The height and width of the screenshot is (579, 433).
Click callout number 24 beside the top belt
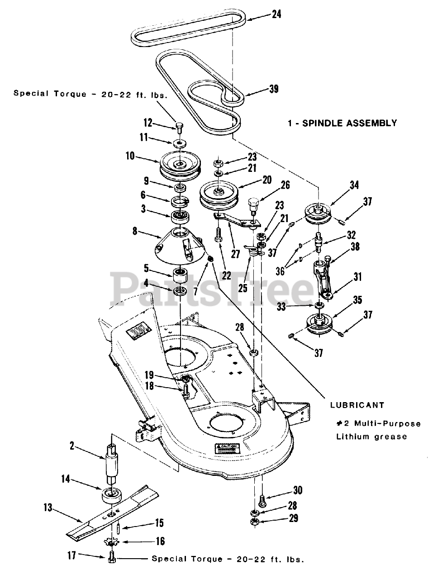[x=276, y=14]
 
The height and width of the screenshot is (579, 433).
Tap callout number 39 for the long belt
[x=273, y=89]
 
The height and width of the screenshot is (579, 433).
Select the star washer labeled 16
[x=113, y=541]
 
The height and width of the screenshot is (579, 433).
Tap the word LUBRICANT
[x=357, y=405]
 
